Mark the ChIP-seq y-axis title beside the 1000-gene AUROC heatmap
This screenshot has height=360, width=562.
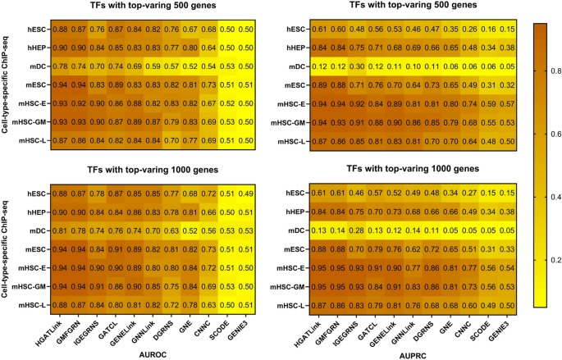pos(7,249)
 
